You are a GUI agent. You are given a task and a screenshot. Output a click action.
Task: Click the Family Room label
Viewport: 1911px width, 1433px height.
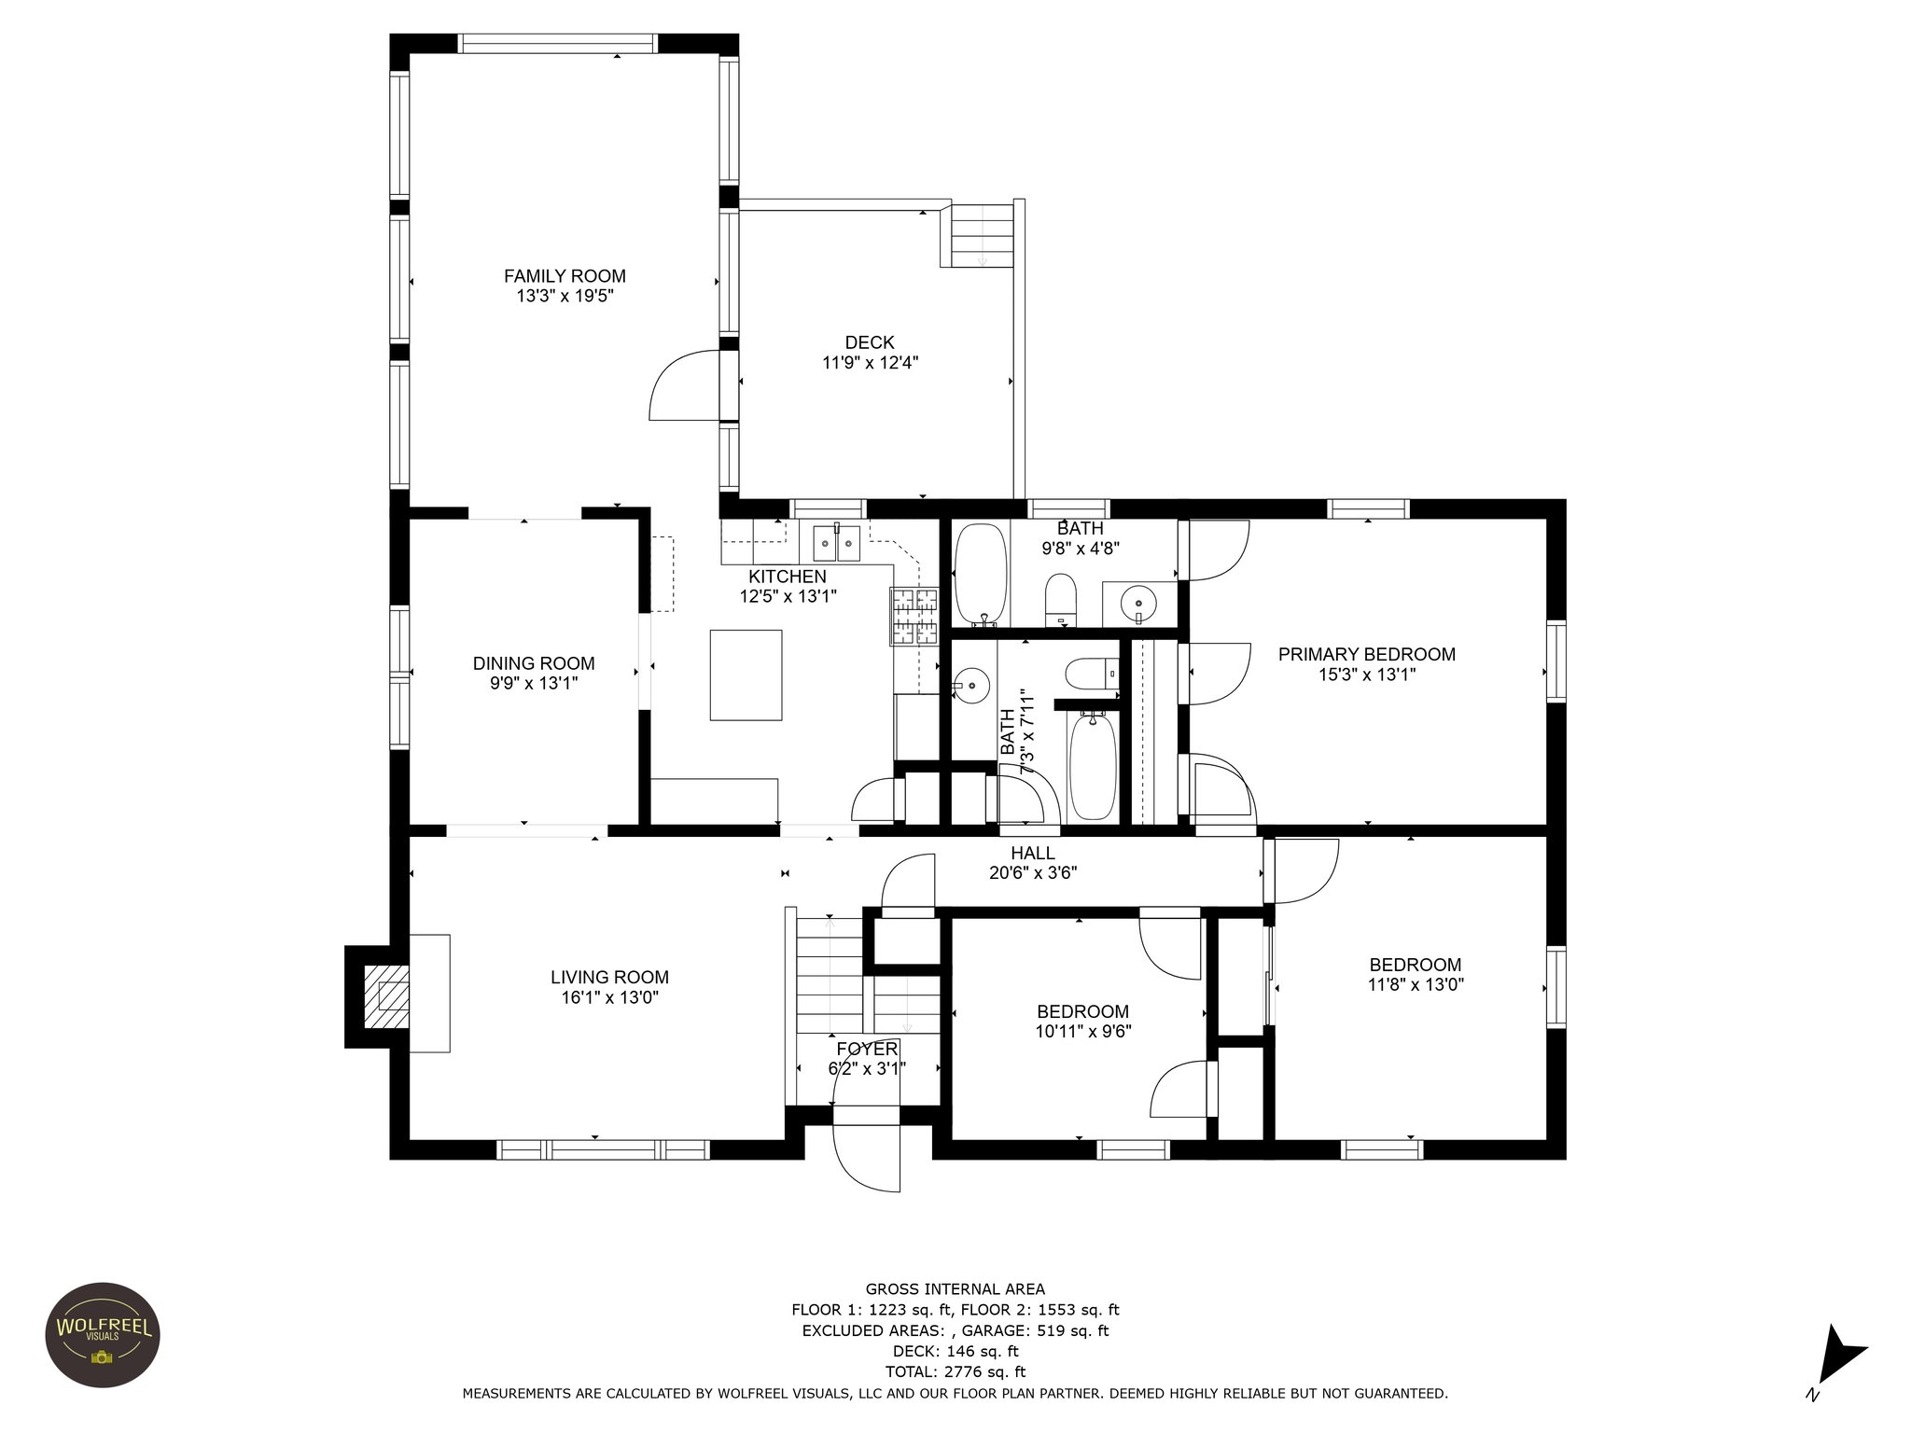coord(565,276)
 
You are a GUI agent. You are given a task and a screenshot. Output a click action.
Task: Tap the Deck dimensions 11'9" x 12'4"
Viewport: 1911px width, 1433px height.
coord(870,363)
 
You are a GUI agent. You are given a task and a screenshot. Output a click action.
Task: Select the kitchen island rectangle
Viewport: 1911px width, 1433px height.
coord(746,675)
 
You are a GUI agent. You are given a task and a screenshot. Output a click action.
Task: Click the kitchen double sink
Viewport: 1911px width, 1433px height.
coord(836,542)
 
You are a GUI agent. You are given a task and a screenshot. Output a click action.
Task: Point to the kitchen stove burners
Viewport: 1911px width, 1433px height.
coord(914,618)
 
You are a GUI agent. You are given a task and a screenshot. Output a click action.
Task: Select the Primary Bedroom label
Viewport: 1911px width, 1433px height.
coord(1366,655)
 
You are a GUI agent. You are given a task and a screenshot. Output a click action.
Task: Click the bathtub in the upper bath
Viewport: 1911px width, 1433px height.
coord(980,573)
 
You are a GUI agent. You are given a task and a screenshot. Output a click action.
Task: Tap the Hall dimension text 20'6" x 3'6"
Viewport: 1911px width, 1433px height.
coord(1033,873)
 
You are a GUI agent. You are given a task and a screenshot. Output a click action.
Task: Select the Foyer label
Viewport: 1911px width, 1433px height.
coord(866,1050)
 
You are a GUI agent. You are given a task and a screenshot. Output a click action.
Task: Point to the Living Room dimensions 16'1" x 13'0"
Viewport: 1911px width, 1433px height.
coord(609,997)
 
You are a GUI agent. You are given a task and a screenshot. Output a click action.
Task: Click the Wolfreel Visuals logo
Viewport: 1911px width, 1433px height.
coord(103,1335)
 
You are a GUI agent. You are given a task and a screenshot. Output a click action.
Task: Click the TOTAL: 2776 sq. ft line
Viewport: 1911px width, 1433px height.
coord(955,1371)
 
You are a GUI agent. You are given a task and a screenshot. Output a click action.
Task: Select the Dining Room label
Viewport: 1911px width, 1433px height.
coord(534,663)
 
